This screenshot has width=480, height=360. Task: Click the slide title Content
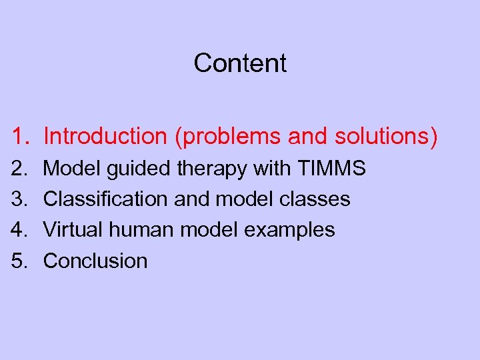pyautogui.click(x=240, y=63)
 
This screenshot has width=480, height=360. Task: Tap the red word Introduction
pyautogui.click(x=105, y=136)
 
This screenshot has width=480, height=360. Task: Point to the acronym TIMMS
pyautogui.click(x=331, y=169)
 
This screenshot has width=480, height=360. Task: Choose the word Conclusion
pyautogui.click(x=95, y=261)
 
